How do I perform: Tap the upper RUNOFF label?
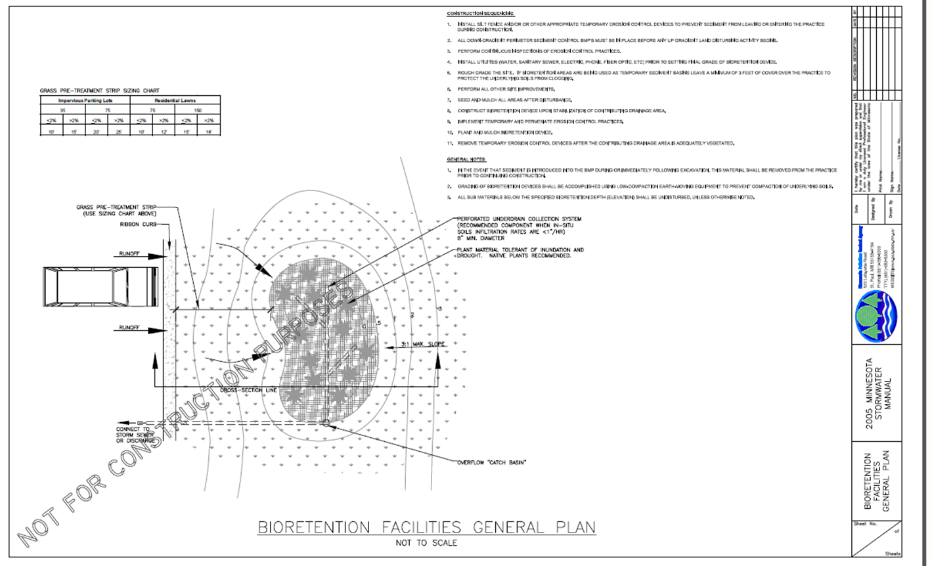tap(129, 253)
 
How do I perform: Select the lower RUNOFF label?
tap(129, 327)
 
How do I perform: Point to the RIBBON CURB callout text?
tap(136, 224)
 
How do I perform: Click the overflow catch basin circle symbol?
tap(328, 424)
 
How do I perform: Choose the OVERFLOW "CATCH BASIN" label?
tap(491, 462)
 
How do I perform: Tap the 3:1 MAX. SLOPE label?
tap(423, 344)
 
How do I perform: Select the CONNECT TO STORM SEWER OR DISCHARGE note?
tap(135, 435)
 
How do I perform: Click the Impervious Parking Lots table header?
tap(85, 100)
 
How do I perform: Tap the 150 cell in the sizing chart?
tap(198, 110)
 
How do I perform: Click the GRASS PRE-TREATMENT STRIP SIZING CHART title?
tap(99, 91)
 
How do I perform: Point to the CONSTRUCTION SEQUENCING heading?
tap(481, 14)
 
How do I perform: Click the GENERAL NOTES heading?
tap(466, 160)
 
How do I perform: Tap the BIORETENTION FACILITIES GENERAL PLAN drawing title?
tap(426, 527)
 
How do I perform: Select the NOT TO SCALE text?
tap(426, 543)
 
